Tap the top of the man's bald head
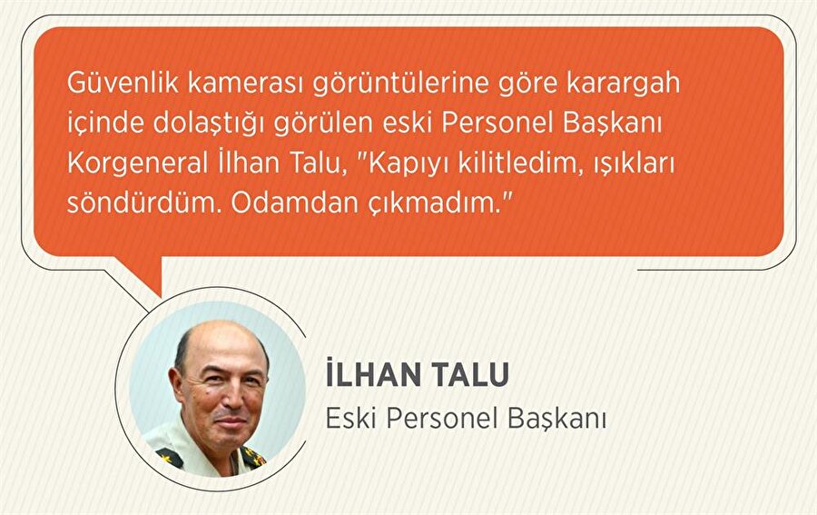pyautogui.click(x=218, y=329)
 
